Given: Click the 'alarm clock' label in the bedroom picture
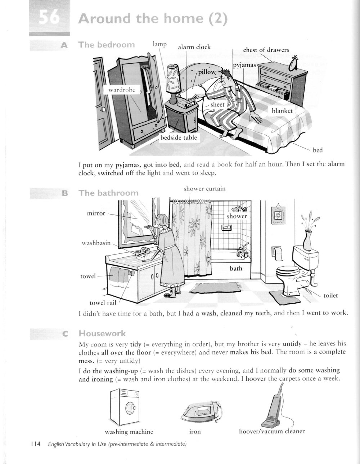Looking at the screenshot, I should [194, 47].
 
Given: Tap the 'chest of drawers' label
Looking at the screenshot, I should [266, 50].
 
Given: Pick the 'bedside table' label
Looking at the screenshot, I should [179, 138].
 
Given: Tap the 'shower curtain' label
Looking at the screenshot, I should [204, 189].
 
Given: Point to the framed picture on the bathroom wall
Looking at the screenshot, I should [278, 215].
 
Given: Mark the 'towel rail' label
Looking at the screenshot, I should [103, 303].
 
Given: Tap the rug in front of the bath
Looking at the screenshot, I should [216, 287].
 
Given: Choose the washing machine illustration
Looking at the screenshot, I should [125, 407].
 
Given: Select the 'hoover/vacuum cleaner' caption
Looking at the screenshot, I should [272, 431].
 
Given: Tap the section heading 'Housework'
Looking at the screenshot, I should [102, 333].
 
